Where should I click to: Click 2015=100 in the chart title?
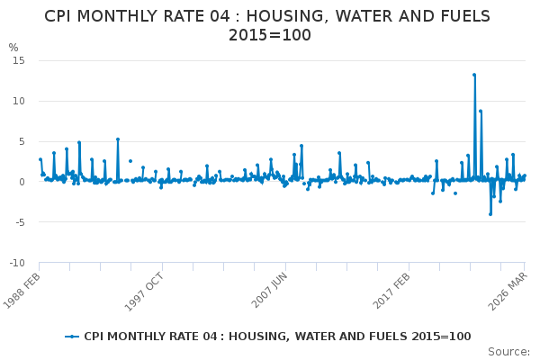(x=270, y=35)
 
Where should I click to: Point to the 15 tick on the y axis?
(x=18, y=60)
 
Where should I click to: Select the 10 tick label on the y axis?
(x=18, y=101)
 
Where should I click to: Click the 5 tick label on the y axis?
(x=21, y=141)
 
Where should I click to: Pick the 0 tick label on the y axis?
(x=21, y=182)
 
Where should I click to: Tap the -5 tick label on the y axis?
(x=19, y=222)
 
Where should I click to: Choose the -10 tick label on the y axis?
(x=16, y=263)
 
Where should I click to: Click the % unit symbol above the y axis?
(x=13, y=48)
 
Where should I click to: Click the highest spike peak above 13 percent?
(x=474, y=75)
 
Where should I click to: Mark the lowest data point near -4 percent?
(x=490, y=214)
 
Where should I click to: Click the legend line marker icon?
(x=72, y=337)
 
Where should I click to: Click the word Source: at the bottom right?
(x=509, y=352)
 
